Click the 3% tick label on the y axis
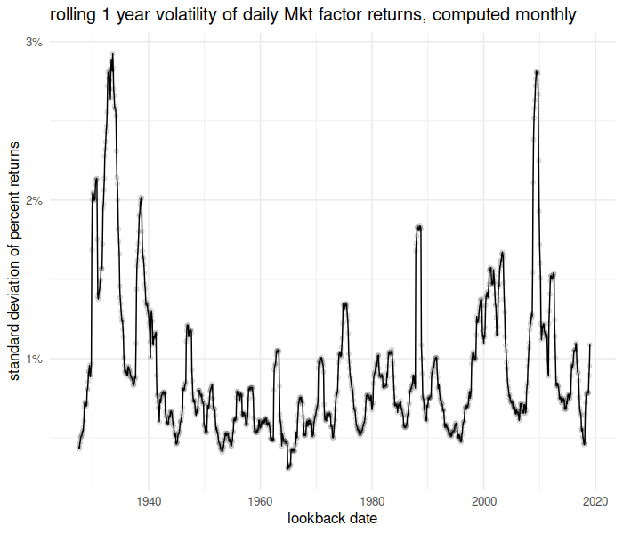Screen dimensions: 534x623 coord(35,42)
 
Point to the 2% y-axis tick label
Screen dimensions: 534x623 coord(35,200)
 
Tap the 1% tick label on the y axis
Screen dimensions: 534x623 coord(35,359)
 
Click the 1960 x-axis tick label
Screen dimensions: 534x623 coord(260,498)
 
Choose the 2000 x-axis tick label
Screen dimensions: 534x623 coord(483,498)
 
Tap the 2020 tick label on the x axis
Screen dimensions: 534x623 coord(595,498)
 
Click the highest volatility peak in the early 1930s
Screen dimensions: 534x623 coord(112,53)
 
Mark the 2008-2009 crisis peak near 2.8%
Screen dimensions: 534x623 coord(537,71)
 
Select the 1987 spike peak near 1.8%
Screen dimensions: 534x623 coord(418,227)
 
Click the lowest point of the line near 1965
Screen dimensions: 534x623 coord(287,466)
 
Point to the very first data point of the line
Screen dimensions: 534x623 coord(78,448)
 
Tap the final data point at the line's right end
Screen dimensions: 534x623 coord(589,344)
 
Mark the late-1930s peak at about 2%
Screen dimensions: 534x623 coord(141,198)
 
